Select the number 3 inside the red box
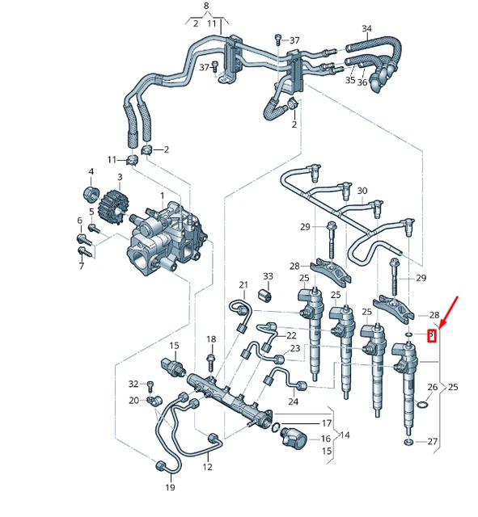432,334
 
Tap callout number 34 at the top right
366,29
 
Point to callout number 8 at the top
206,6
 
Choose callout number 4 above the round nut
91,171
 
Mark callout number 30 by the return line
362,191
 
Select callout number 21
243,284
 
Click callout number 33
267,277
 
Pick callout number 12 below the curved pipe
207,467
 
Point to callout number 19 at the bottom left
170,488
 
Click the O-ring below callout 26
423,404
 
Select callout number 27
432,442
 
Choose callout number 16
326,439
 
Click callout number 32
133,383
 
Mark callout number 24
293,401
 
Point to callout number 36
362,82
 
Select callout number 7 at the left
80,266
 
